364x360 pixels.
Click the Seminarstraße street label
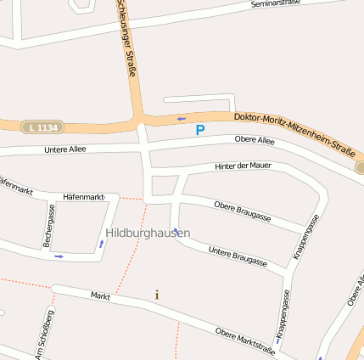277,4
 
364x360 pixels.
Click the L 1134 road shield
42,127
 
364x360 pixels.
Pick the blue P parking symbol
200,130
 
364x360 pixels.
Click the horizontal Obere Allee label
255,140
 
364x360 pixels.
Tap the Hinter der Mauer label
243,166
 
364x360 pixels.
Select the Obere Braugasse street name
243,211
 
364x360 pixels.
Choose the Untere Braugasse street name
238,257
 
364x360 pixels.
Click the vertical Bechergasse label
49,226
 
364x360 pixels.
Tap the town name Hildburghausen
148,232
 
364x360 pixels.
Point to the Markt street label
100,296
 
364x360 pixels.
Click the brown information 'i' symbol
157,295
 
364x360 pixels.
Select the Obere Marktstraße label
244,341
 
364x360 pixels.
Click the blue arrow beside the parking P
181,119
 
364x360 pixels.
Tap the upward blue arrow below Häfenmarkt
102,244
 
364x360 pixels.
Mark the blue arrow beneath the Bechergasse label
59,256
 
